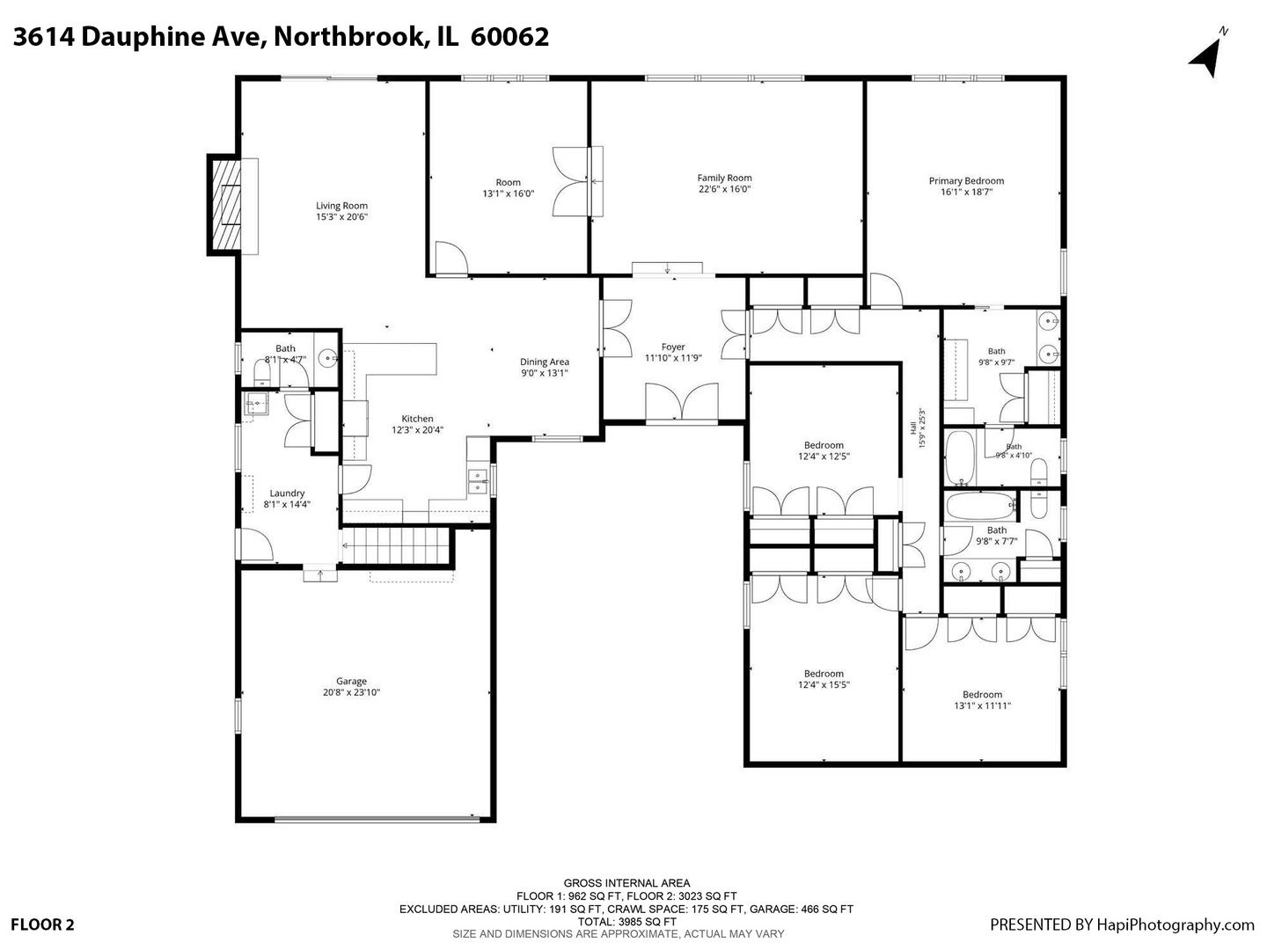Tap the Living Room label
[341, 206]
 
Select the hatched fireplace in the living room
[225, 205]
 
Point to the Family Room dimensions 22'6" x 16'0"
[724, 189]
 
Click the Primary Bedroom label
[966, 180]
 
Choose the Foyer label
[673, 347]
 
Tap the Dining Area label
[545, 362]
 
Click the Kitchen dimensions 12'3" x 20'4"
[417, 430]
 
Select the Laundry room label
[287, 493]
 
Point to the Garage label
[352, 681]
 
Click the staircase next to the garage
[397, 545]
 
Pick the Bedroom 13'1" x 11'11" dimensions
[983, 705]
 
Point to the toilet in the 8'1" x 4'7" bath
[262, 374]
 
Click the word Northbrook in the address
[349, 37]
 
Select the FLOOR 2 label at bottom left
[43, 924]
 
